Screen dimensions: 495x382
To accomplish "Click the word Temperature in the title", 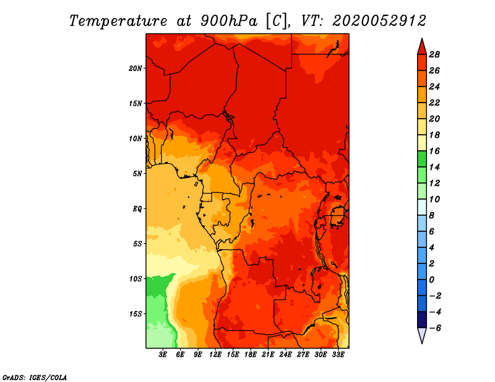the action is pos(118,21).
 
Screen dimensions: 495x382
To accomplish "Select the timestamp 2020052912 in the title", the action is pos(379,21).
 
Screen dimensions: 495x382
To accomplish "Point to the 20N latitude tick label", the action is pos(136,68).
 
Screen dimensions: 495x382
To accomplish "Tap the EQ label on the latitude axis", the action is pos(137,209).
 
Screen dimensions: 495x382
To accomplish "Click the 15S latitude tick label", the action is pos(136,314).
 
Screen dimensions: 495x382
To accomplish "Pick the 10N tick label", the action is pos(136,138).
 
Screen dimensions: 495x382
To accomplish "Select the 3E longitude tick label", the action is pos(163,354).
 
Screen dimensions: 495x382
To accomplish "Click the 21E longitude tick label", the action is pos(268,354).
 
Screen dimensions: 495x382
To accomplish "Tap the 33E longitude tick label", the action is pos(338,354).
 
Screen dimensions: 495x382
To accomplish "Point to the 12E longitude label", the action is pos(215,354).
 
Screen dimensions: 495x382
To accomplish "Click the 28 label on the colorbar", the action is pos(434,54).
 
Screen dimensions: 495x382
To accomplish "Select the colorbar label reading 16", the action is pos(434,151).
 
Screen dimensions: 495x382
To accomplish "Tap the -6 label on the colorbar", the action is pos(435,328).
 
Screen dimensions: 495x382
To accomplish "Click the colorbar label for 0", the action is pos(431,280).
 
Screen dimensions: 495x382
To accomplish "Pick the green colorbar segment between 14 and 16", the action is pos(422,159).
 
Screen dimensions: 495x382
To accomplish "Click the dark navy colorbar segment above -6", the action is pos(422,320).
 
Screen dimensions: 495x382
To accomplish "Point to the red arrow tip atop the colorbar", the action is pos(422,39).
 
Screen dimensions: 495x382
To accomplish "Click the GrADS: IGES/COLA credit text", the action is pos(35,377).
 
